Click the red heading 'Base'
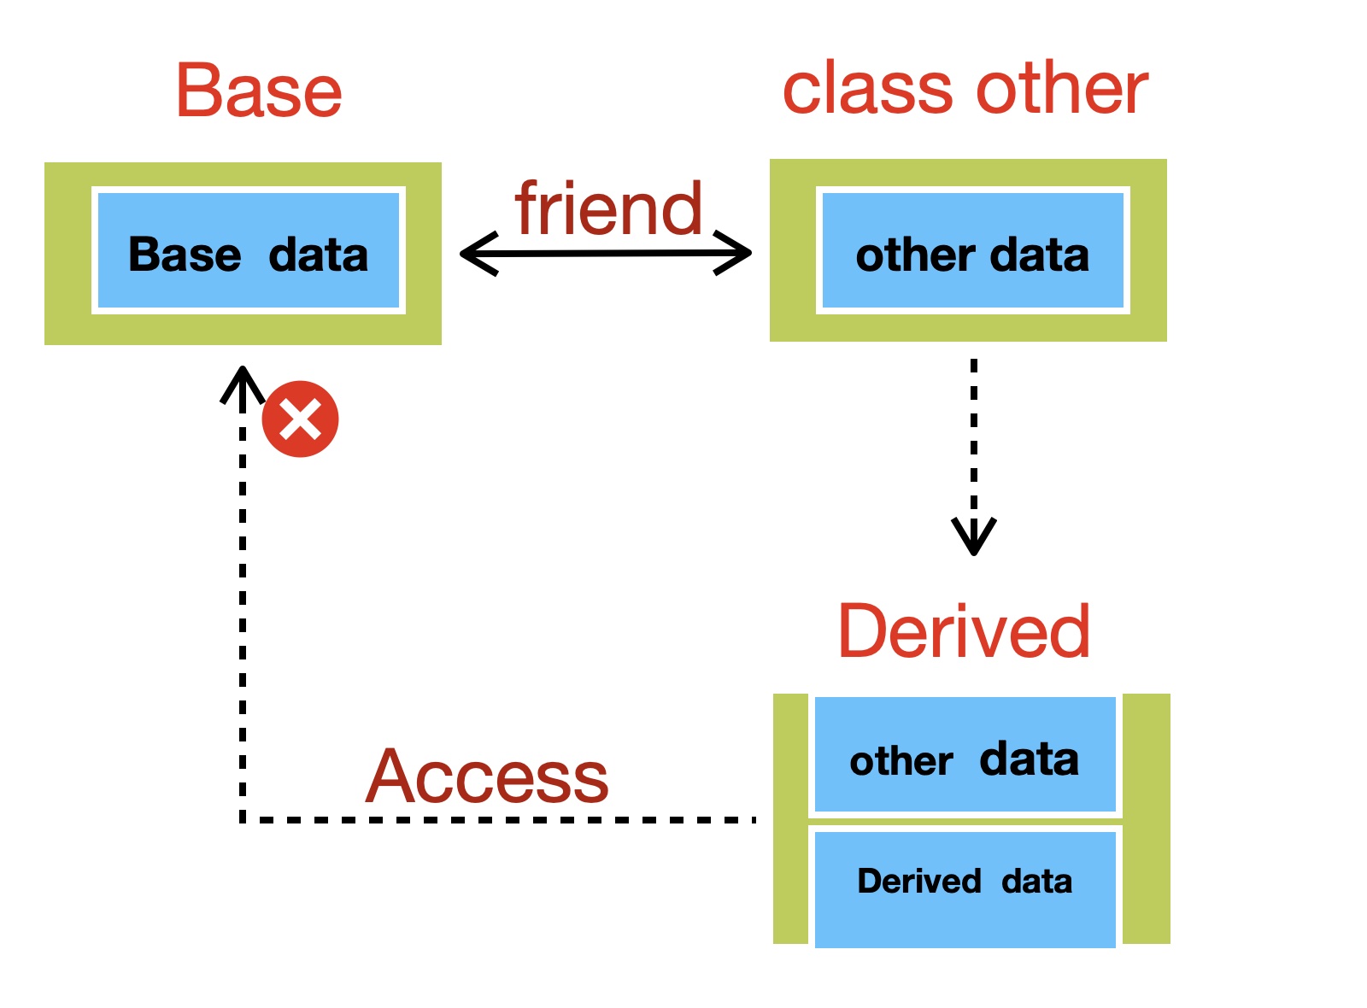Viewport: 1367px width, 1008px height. (260, 91)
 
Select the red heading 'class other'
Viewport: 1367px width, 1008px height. (966, 88)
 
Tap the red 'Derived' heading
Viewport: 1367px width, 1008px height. (965, 631)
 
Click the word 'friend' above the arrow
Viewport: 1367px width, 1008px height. (609, 208)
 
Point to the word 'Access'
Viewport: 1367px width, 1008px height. (487, 777)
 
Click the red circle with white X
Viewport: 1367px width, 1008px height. (300, 419)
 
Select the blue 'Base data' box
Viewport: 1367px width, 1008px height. (249, 250)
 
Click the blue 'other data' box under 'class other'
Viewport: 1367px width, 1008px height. (973, 250)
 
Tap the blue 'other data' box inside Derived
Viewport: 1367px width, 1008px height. (965, 754)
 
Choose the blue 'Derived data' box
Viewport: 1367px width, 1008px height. (965, 889)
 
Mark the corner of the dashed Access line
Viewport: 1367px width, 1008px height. (243, 820)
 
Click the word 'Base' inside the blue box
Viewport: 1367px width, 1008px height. (185, 255)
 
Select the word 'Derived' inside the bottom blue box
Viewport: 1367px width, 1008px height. (919, 881)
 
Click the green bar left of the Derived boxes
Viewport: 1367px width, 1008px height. (791, 819)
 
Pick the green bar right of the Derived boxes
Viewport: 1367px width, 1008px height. (1147, 819)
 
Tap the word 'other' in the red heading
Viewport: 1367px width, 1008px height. (1063, 88)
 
